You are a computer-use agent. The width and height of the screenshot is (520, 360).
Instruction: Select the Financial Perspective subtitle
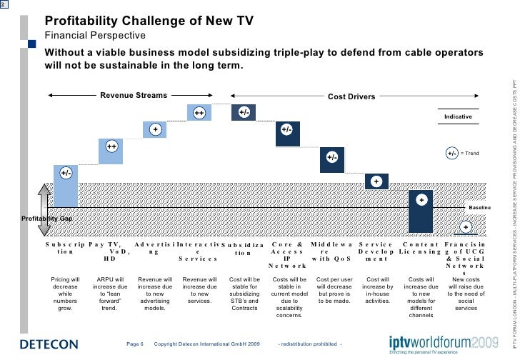tap(95, 36)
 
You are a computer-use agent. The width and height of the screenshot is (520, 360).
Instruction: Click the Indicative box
tap(458, 116)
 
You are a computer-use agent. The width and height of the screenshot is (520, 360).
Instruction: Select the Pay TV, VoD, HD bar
tap(111, 151)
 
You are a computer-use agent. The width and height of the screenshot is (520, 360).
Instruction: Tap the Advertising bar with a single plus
tap(154, 129)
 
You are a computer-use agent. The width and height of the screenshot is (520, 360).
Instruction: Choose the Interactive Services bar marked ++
tap(199, 113)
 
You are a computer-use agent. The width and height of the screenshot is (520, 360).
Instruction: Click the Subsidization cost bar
tap(244, 113)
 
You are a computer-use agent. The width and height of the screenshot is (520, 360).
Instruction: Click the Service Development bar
tap(376, 181)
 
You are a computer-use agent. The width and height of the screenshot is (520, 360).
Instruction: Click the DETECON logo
tap(49, 344)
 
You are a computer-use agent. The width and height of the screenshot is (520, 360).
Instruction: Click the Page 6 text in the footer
tap(135, 343)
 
